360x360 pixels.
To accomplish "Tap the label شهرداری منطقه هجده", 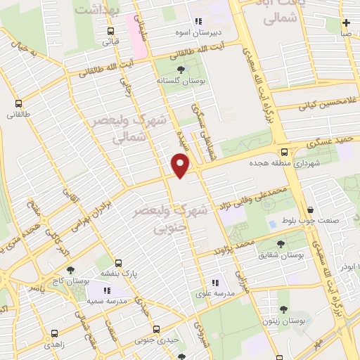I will [274, 162].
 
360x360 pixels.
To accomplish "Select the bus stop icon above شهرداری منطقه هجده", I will [284, 151].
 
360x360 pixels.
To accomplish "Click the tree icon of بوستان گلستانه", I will [182, 70].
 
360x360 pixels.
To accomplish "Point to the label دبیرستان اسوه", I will [198, 32].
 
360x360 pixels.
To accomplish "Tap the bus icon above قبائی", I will [111, 30].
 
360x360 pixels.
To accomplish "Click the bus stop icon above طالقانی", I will [17, 101].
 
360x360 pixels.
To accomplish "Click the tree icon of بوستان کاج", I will [70, 270].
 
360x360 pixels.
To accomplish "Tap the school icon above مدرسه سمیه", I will [107, 290].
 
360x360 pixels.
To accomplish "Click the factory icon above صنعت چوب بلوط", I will [310, 210].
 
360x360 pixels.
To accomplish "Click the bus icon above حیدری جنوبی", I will [155, 329].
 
